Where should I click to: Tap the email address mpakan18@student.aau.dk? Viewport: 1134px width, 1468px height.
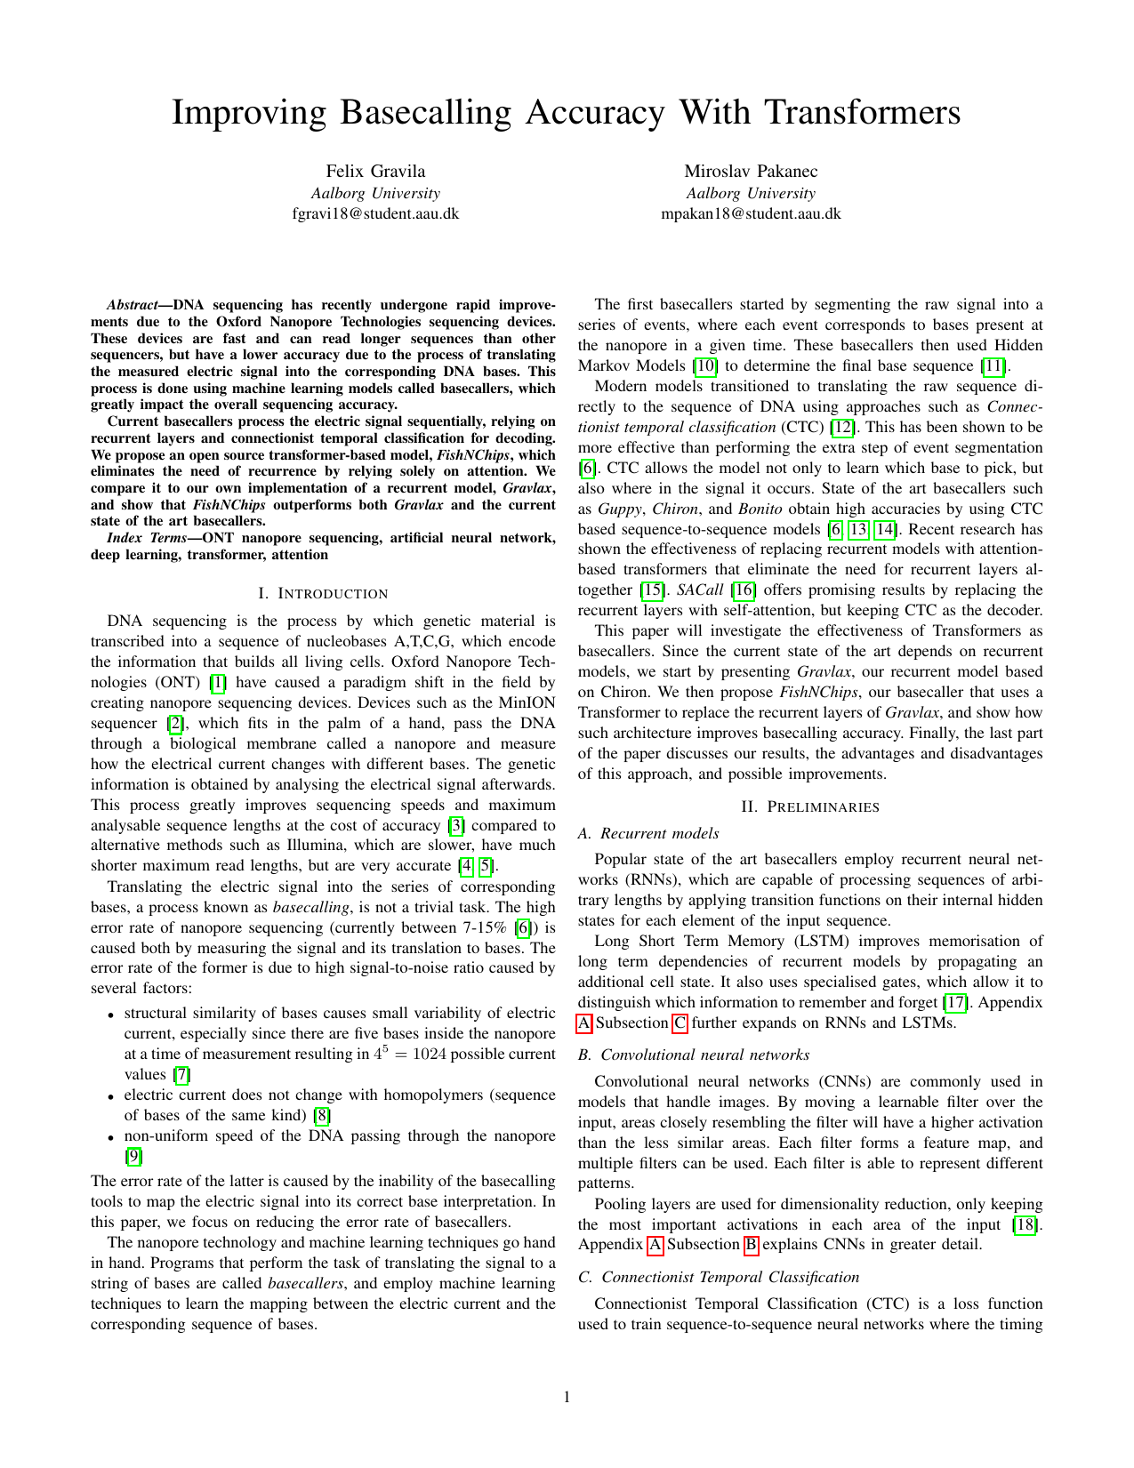(751, 213)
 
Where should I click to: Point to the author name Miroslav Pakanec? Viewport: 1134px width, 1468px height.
(751, 171)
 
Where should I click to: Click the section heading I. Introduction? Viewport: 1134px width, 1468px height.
(323, 593)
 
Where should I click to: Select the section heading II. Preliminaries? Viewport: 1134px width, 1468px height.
(810, 806)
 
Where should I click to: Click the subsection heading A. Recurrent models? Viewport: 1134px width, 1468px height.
(648, 833)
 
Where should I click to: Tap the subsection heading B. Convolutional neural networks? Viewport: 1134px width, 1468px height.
(694, 1055)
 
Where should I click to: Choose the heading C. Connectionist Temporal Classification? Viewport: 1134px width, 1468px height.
(719, 1277)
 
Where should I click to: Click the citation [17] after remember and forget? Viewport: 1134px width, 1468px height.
(955, 1002)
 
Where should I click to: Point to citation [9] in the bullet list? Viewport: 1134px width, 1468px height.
(133, 1156)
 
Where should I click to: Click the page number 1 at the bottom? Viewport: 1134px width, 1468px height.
(567, 1397)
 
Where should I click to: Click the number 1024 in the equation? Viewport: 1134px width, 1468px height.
(429, 1055)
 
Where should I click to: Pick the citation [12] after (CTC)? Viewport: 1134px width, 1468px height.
(842, 427)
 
